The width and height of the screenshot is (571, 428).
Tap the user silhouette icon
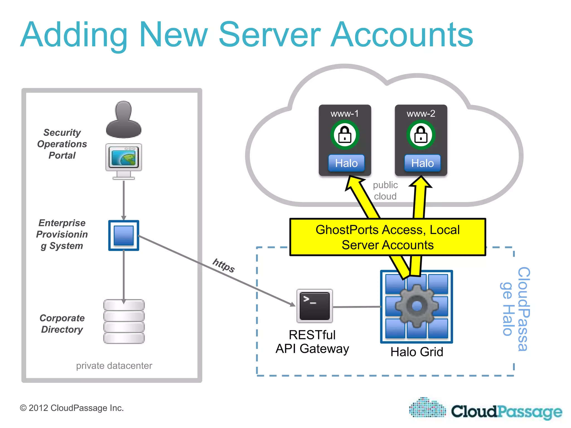124,120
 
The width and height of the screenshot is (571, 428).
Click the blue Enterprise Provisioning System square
124,235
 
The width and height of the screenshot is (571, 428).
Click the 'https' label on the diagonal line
224,265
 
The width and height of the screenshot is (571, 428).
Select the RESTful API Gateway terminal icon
314,306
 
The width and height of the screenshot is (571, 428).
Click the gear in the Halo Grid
417,306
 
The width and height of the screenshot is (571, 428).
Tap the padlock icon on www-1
345,135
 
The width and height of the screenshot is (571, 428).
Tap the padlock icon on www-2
421,135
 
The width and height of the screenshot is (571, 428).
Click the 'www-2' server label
421,114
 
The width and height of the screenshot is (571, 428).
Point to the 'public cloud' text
385,191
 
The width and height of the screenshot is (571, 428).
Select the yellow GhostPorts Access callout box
388,237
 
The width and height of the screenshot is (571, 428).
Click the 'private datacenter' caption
114,366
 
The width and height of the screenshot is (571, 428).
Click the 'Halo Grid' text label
417,352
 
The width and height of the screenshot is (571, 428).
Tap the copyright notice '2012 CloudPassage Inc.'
72,408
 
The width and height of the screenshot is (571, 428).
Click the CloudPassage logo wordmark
506,412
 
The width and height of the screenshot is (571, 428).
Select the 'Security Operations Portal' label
62,144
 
